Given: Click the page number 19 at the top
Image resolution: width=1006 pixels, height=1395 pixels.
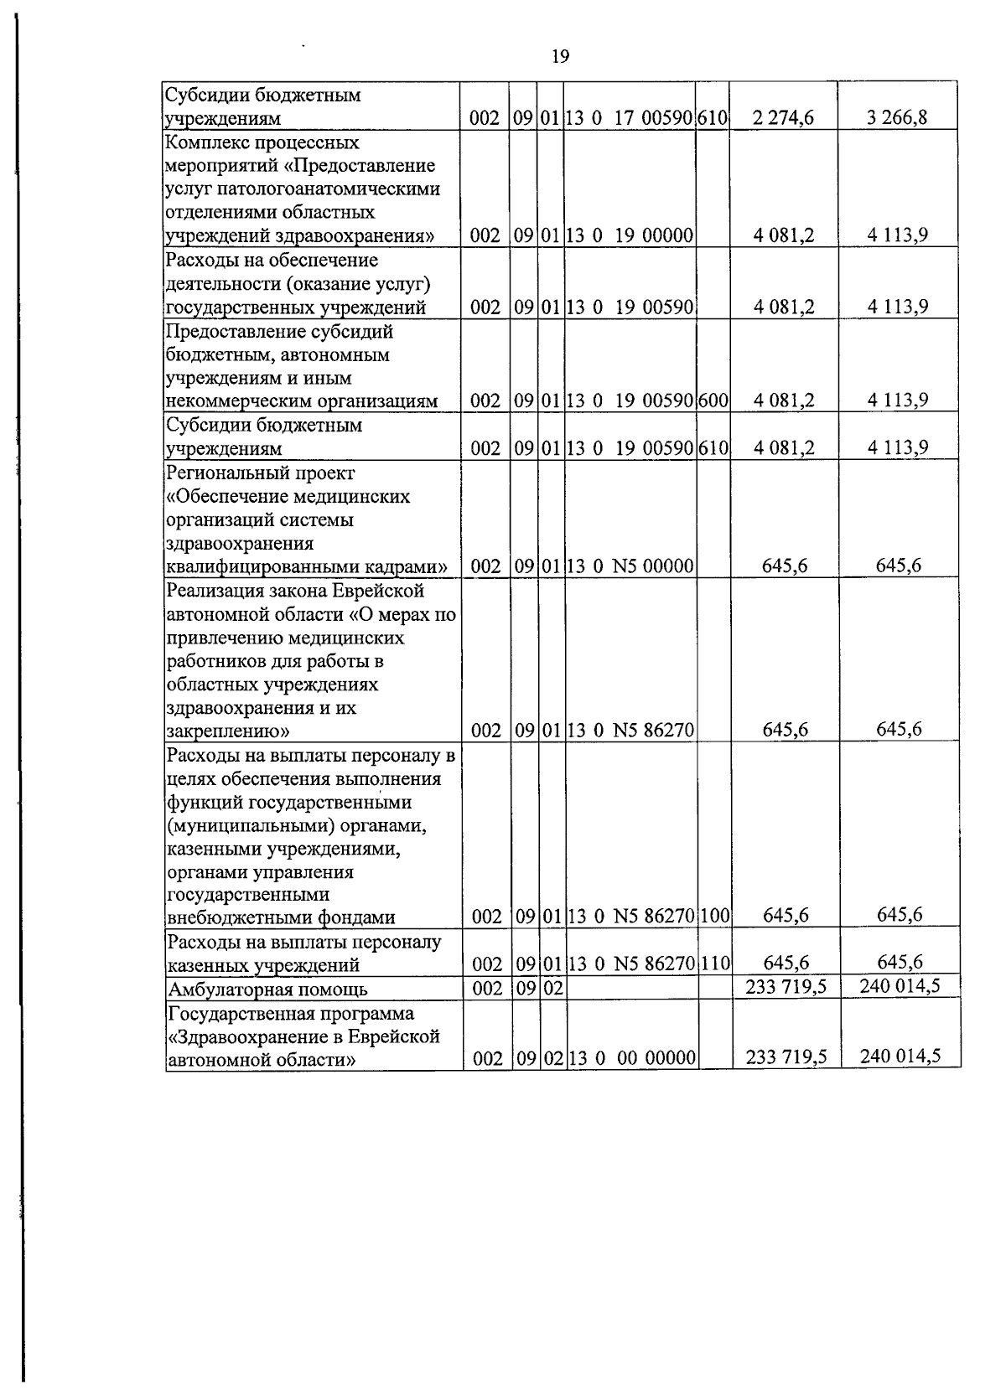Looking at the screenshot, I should point(561,57).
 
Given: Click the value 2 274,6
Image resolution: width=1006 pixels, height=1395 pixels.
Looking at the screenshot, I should point(783,118).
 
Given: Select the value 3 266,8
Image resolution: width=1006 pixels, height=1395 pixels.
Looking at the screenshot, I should point(898,117).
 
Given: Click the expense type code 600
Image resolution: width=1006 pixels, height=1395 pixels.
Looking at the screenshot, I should point(713,400).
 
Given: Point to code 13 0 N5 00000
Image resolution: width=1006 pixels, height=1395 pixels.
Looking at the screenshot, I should point(630,566).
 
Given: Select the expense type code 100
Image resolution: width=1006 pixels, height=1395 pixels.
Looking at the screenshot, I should point(715,916).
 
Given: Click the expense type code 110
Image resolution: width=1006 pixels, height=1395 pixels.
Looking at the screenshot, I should point(715,964).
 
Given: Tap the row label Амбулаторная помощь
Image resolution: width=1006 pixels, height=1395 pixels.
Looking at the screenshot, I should point(268,989).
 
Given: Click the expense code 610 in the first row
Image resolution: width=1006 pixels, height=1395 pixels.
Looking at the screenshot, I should point(712,118).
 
